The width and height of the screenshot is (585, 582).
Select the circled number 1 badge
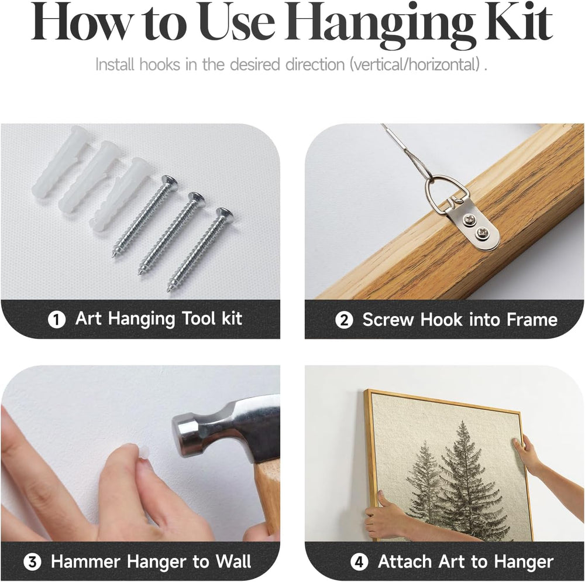click(x=57, y=320)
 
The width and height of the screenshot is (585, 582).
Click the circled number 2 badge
click(x=344, y=320)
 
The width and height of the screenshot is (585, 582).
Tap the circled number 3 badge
click(x=32, y=562)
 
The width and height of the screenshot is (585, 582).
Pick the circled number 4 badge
click(x=359, y=562)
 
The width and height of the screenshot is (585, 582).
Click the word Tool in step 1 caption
click(x=199, y=319)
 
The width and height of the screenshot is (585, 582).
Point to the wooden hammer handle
click(x=268, y=497)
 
